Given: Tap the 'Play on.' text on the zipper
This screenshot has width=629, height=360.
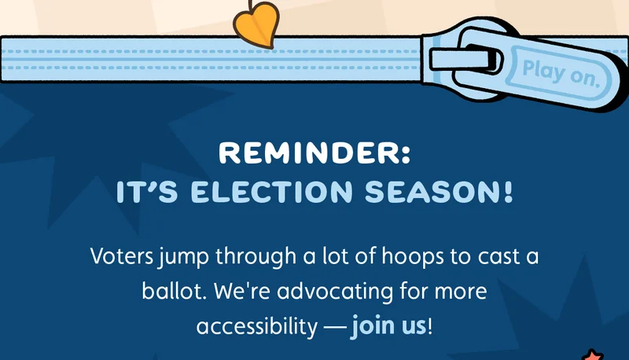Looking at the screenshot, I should coord(561,72).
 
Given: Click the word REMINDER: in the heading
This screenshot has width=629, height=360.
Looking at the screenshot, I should coord(314,152).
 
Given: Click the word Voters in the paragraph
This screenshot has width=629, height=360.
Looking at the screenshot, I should coord(117,257).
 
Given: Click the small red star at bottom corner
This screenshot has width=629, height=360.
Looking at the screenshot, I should coord(591,354).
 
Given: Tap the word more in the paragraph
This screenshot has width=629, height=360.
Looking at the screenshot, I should coord(459,292).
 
